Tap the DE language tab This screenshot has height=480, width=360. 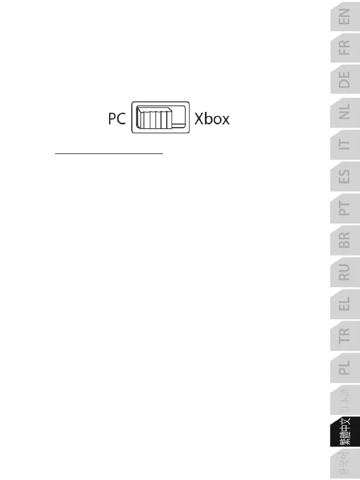(x=344, y=79)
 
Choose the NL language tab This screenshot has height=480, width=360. (x=344, y=112)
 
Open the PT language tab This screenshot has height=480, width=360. (x=344, y=208)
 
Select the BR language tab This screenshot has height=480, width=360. (x=344, y=240)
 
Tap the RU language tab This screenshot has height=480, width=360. (x=344, y=272)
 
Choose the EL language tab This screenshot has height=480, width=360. (x=344, y=304)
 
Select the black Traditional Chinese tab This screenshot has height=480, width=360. (x=344, y=432)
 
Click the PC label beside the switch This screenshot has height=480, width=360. (x=114, y=119)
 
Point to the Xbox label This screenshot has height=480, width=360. (x=212, y=119)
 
